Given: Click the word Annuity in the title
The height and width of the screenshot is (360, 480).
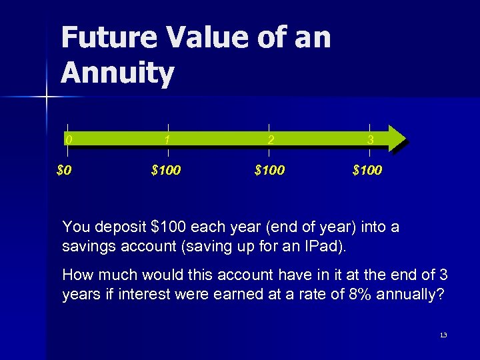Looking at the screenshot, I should [x=117, y=74].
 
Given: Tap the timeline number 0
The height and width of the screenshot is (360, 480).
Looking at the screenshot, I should [x=68, y=140].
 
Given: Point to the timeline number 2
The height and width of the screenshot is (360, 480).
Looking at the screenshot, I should [x=269, y=140].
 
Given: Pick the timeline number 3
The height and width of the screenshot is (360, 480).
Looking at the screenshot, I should [x=371, y=140].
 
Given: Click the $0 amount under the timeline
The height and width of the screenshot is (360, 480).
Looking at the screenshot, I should [x=64, y=170].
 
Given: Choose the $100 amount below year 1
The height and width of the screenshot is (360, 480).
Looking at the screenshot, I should [x=166, y=170].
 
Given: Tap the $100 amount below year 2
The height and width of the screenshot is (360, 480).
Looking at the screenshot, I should [x=269, y=170].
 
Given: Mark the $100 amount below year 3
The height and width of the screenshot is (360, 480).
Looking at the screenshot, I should [x=367, y=170].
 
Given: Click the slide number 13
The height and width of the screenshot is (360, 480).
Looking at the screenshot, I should [x=443, y=334].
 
